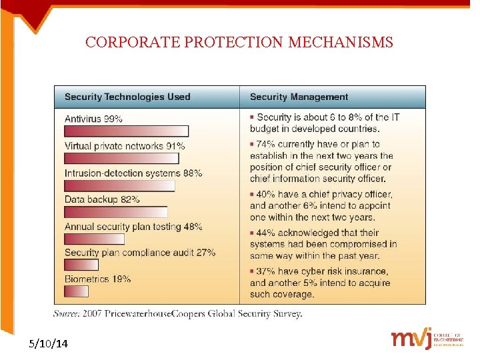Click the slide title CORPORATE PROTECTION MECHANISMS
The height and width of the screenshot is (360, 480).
[239, 43]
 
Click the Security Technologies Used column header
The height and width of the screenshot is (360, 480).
[127, 97]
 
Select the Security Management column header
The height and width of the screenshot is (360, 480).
[299, 97]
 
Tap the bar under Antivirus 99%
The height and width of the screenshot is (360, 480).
[127, 131]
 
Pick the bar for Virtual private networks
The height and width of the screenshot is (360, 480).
[122, 159]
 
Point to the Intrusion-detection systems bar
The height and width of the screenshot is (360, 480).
[120, 185]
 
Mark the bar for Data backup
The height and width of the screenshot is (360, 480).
[116, 212]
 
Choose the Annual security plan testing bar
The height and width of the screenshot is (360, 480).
[95, 239]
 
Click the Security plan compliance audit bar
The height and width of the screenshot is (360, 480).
[81, 265]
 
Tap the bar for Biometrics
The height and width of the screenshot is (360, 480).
[77, 291]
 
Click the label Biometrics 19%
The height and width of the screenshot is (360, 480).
[97, 279]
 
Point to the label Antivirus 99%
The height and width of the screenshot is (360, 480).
[93, 119]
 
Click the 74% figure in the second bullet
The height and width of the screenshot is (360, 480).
[265, 144]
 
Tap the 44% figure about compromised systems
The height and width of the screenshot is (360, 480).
[265, 233]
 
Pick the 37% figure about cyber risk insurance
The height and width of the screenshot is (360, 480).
[265, 271]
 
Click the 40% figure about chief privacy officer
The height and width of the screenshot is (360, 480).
[265, 194]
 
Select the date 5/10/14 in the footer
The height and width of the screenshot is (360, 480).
[48, 344]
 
